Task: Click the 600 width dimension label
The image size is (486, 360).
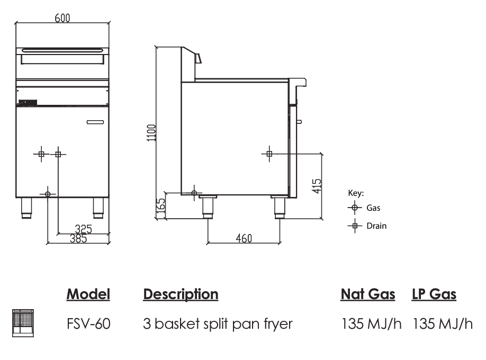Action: [62, 17]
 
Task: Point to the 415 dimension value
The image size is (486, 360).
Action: [316, 186]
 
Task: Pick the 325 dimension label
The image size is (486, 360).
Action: [83, 229]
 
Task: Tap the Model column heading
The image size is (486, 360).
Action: [88, 294]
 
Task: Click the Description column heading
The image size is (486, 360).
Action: [181, 294]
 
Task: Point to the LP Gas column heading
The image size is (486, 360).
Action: [434, 294]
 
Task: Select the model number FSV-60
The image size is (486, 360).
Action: [88, 323]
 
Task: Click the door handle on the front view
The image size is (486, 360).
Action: [96, 123]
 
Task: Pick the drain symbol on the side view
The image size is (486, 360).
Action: [269, 154]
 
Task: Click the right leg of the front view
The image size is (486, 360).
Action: [98, 208]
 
